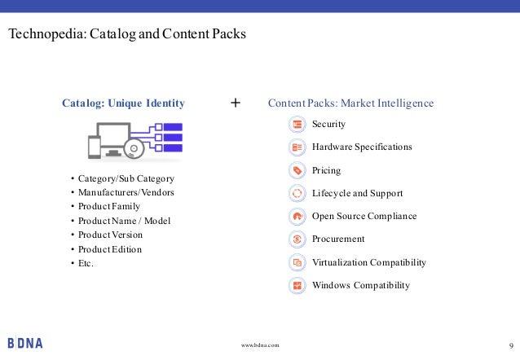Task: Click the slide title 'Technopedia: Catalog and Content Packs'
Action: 126,36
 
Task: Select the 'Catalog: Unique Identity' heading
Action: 123,103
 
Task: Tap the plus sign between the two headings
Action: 236,103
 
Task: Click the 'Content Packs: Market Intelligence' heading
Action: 350,103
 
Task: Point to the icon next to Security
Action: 297,124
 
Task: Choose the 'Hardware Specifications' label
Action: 362,147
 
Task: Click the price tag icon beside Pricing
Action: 297,171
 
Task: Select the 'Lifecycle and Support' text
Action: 357,194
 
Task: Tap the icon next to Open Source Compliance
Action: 297,217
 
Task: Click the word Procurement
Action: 338,239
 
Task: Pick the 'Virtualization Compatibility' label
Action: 368,262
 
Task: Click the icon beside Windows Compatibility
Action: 297,286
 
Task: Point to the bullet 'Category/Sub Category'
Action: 126,178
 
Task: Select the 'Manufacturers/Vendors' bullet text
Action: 126,192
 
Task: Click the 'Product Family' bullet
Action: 109,206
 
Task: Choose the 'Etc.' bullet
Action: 86,263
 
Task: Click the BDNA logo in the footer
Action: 24,343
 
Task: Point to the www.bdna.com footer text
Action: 260,345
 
